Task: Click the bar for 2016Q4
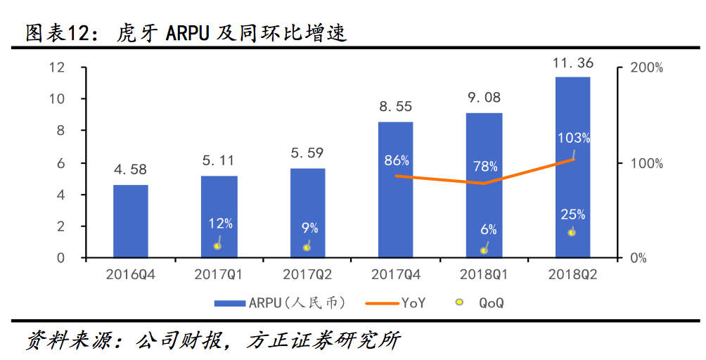(131, 221)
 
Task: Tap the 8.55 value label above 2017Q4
(396, 107)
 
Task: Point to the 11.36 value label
(572, 63)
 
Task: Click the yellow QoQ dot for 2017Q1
(217, 246)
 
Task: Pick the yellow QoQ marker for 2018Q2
(572, 232)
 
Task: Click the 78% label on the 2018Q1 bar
(485, 167)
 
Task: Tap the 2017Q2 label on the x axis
(307, 275)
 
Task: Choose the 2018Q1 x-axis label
(485, 275)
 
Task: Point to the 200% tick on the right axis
(646, 68)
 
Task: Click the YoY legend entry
(395, 303)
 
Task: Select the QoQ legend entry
(482, 303)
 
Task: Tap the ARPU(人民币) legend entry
(279, 303)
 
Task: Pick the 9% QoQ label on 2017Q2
(309, 228)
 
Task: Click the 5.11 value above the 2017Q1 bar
(219, 161)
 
